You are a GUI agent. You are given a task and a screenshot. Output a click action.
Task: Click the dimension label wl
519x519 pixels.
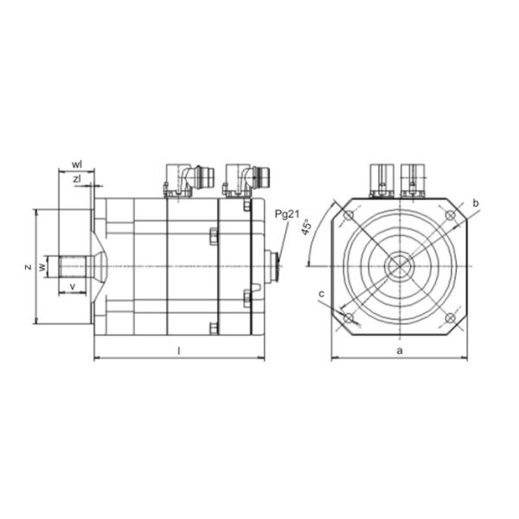click(x=77, y=163)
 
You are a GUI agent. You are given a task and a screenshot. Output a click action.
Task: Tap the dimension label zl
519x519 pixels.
click(x=77, y=179)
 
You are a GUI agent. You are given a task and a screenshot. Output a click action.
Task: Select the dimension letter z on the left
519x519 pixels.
click(x=28, y=266)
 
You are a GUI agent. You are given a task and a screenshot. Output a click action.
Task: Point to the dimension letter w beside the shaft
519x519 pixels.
click(x=41, y=266)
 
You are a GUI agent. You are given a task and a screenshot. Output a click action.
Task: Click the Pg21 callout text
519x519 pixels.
click(x=287, y=214)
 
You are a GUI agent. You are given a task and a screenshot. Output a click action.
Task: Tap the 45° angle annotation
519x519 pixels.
click(x=306, y=228)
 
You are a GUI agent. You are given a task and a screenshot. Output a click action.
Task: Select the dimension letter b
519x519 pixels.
click(x=476, y=202)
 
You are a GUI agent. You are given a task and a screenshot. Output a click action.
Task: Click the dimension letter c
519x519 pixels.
click(x=321, y=295)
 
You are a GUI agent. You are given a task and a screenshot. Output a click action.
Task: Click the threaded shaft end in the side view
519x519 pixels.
click(x=72, y=266)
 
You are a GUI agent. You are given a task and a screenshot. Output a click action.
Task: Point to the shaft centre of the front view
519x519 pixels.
click(x=399, y=266)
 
